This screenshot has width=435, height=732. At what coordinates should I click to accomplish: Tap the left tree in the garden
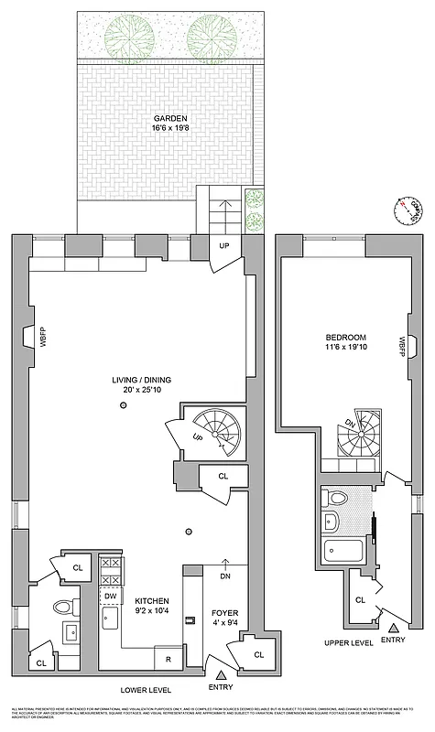click(x=125, y=36)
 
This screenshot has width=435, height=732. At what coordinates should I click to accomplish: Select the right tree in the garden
click(x=207, y=36)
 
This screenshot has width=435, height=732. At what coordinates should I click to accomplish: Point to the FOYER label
click(x=225, y=614)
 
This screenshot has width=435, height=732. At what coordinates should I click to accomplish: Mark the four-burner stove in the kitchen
click(x=111, y=570)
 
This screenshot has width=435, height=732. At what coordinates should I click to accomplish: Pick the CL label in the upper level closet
click(x=361, y=600)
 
